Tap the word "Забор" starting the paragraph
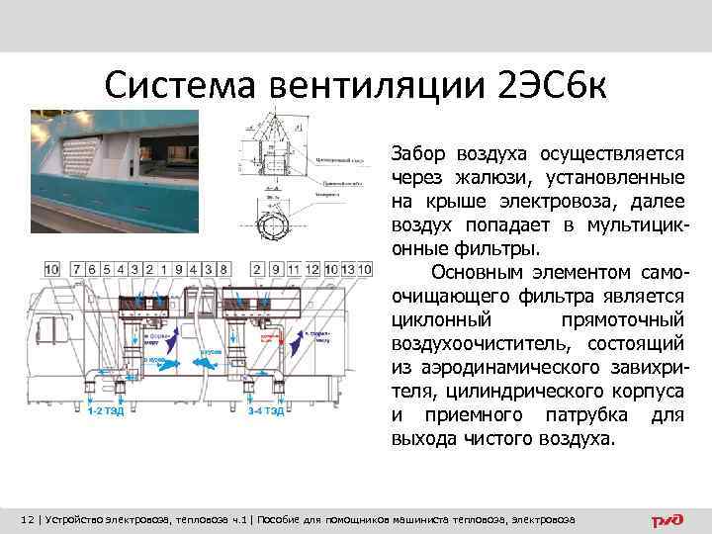click(419, 154)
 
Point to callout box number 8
click(224, 268)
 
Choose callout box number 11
click(292, 268)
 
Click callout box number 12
click(312, 268)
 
